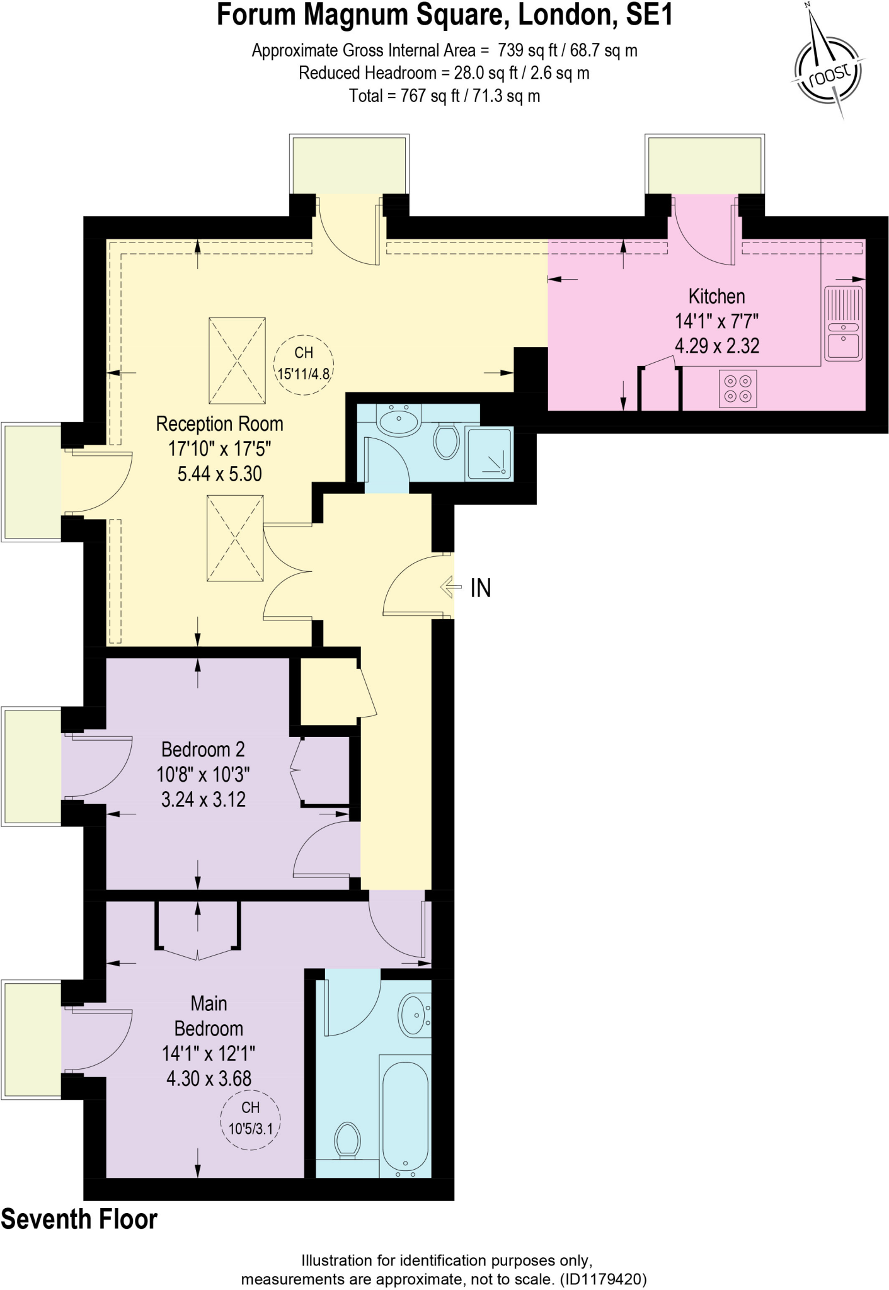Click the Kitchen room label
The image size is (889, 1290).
(x=716, y=296)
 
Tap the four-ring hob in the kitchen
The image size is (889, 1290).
(x=738, y=389)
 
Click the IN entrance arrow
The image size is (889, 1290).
(x=451, y=588)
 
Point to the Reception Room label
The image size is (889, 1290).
(x=219, y=424)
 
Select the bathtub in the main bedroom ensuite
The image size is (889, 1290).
(x=405, y=1114)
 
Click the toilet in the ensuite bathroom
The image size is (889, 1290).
(x=347, y=1140)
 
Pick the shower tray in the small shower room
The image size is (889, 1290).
(x=489, y=454)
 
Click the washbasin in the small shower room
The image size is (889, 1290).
(x=399, y=420)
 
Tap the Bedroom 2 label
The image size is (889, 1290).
(x=203, y=750)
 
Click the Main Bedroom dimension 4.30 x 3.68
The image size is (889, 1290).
(x=209, y=1078)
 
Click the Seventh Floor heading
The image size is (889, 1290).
(x=79, y=1219)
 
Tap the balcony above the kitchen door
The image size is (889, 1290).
(x=704, y=164)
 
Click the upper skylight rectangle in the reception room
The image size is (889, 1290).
(x=237, y=360)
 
